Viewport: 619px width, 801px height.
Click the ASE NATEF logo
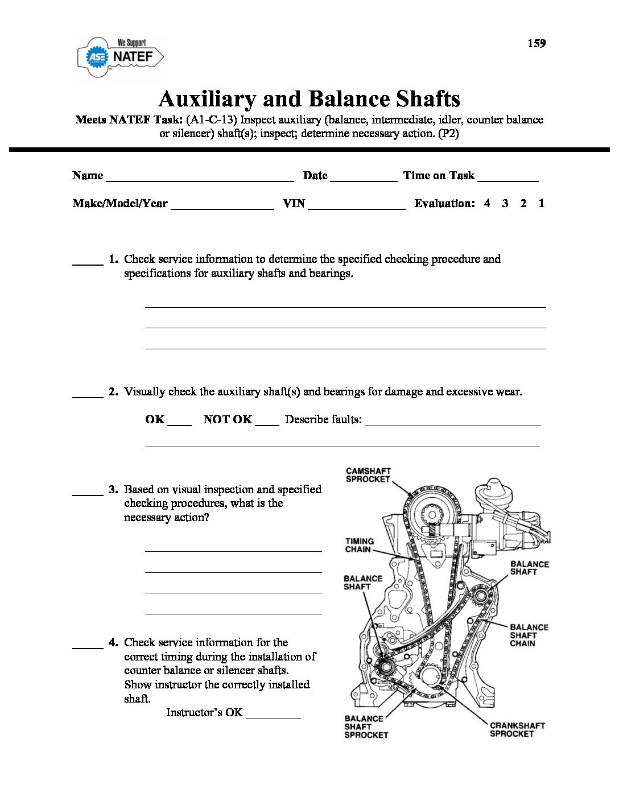(121, 57)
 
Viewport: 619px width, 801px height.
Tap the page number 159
(536, 43)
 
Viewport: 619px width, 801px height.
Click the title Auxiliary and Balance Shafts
(309, 99)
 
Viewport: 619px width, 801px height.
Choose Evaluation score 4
(487, 203)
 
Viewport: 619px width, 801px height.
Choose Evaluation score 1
(542, 203)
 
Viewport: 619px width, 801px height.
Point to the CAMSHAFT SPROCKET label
(368, 475)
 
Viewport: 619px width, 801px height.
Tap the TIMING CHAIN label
(359, 545)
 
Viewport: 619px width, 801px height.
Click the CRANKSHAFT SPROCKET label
(517, 729)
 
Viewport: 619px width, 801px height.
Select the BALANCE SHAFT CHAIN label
(529, 635)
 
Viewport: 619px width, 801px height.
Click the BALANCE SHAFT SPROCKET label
(366, 726)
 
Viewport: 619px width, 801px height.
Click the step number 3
(113, 489)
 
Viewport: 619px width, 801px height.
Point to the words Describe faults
(323, 420)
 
